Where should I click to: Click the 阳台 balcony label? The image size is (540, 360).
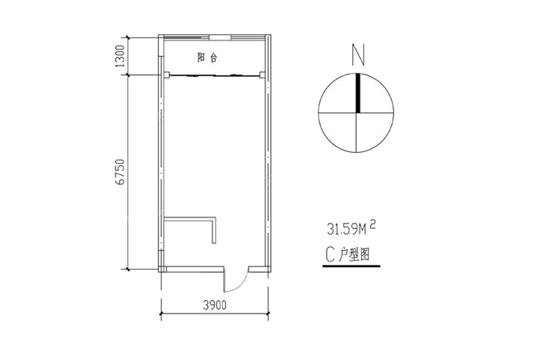click(x=208, y=58)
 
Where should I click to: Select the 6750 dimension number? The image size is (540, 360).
click(x=120, y=172)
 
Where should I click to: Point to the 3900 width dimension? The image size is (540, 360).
click(x=215, y=305)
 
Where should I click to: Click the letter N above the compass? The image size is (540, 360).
click(x=358, y=55)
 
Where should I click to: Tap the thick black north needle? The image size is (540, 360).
click(x=358, y=93)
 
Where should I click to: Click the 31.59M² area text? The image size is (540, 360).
click(x=351, y=229)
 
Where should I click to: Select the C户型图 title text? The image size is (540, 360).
click(x=348, y=255)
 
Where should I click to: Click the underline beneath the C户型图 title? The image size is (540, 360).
click(x=351, y=266)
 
